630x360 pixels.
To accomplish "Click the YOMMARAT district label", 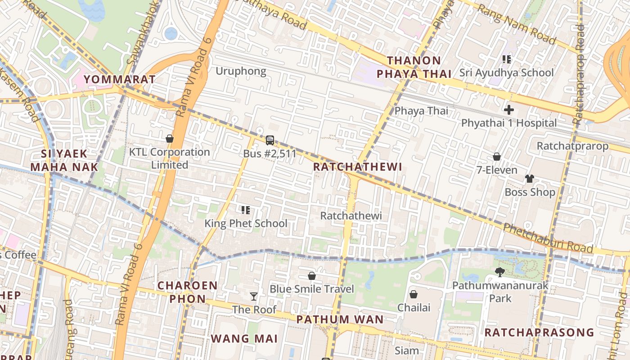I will point(119,80).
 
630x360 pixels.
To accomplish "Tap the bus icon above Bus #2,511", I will point(270,140).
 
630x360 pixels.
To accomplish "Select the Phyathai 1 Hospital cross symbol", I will point(509,110).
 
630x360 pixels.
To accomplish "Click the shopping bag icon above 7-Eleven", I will point(497,157).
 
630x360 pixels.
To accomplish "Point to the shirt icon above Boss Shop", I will point(530,179).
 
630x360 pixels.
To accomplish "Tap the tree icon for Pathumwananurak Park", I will point(499,272).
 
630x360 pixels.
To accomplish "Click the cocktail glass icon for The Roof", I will point(254,296).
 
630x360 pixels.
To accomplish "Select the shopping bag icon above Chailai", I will point(414,294).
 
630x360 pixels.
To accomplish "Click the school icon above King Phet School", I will point(246,210).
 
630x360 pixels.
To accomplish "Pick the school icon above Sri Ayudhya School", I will point(507,59).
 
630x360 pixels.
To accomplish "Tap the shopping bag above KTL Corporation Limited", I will point(170,139).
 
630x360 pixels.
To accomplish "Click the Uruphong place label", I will point(241,71).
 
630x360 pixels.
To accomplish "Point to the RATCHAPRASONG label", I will point(539,333).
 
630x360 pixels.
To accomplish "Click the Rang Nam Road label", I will point(516,24).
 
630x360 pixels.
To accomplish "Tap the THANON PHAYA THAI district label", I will point(414,67).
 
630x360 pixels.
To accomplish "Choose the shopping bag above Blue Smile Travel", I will point(311,275).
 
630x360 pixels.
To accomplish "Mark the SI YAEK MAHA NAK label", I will point(64,160).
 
